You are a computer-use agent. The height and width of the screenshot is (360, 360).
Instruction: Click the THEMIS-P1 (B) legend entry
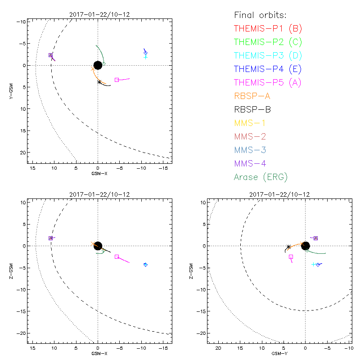tap(268, 29)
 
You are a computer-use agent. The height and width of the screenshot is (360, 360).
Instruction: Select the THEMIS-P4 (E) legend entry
tap(267, 69)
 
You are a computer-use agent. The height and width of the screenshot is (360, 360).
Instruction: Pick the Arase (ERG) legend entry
tap(261, 177)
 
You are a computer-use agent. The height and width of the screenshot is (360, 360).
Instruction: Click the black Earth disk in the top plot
tap(98, 65)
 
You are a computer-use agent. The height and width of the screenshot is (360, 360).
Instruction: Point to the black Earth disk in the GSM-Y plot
tap(306, 246)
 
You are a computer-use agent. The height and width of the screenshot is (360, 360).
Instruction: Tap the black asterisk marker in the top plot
tap(99, 82)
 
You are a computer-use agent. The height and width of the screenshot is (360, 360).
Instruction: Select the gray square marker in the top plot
tap(117, 80)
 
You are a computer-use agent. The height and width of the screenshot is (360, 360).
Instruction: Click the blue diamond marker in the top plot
tap(145, 53)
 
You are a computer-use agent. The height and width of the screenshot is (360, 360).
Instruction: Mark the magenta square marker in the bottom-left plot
tap(117, 256)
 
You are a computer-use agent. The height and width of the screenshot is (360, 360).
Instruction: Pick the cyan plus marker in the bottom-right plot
tap(314, 264)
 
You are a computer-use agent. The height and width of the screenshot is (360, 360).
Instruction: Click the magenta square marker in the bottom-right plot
tap(291, 256)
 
